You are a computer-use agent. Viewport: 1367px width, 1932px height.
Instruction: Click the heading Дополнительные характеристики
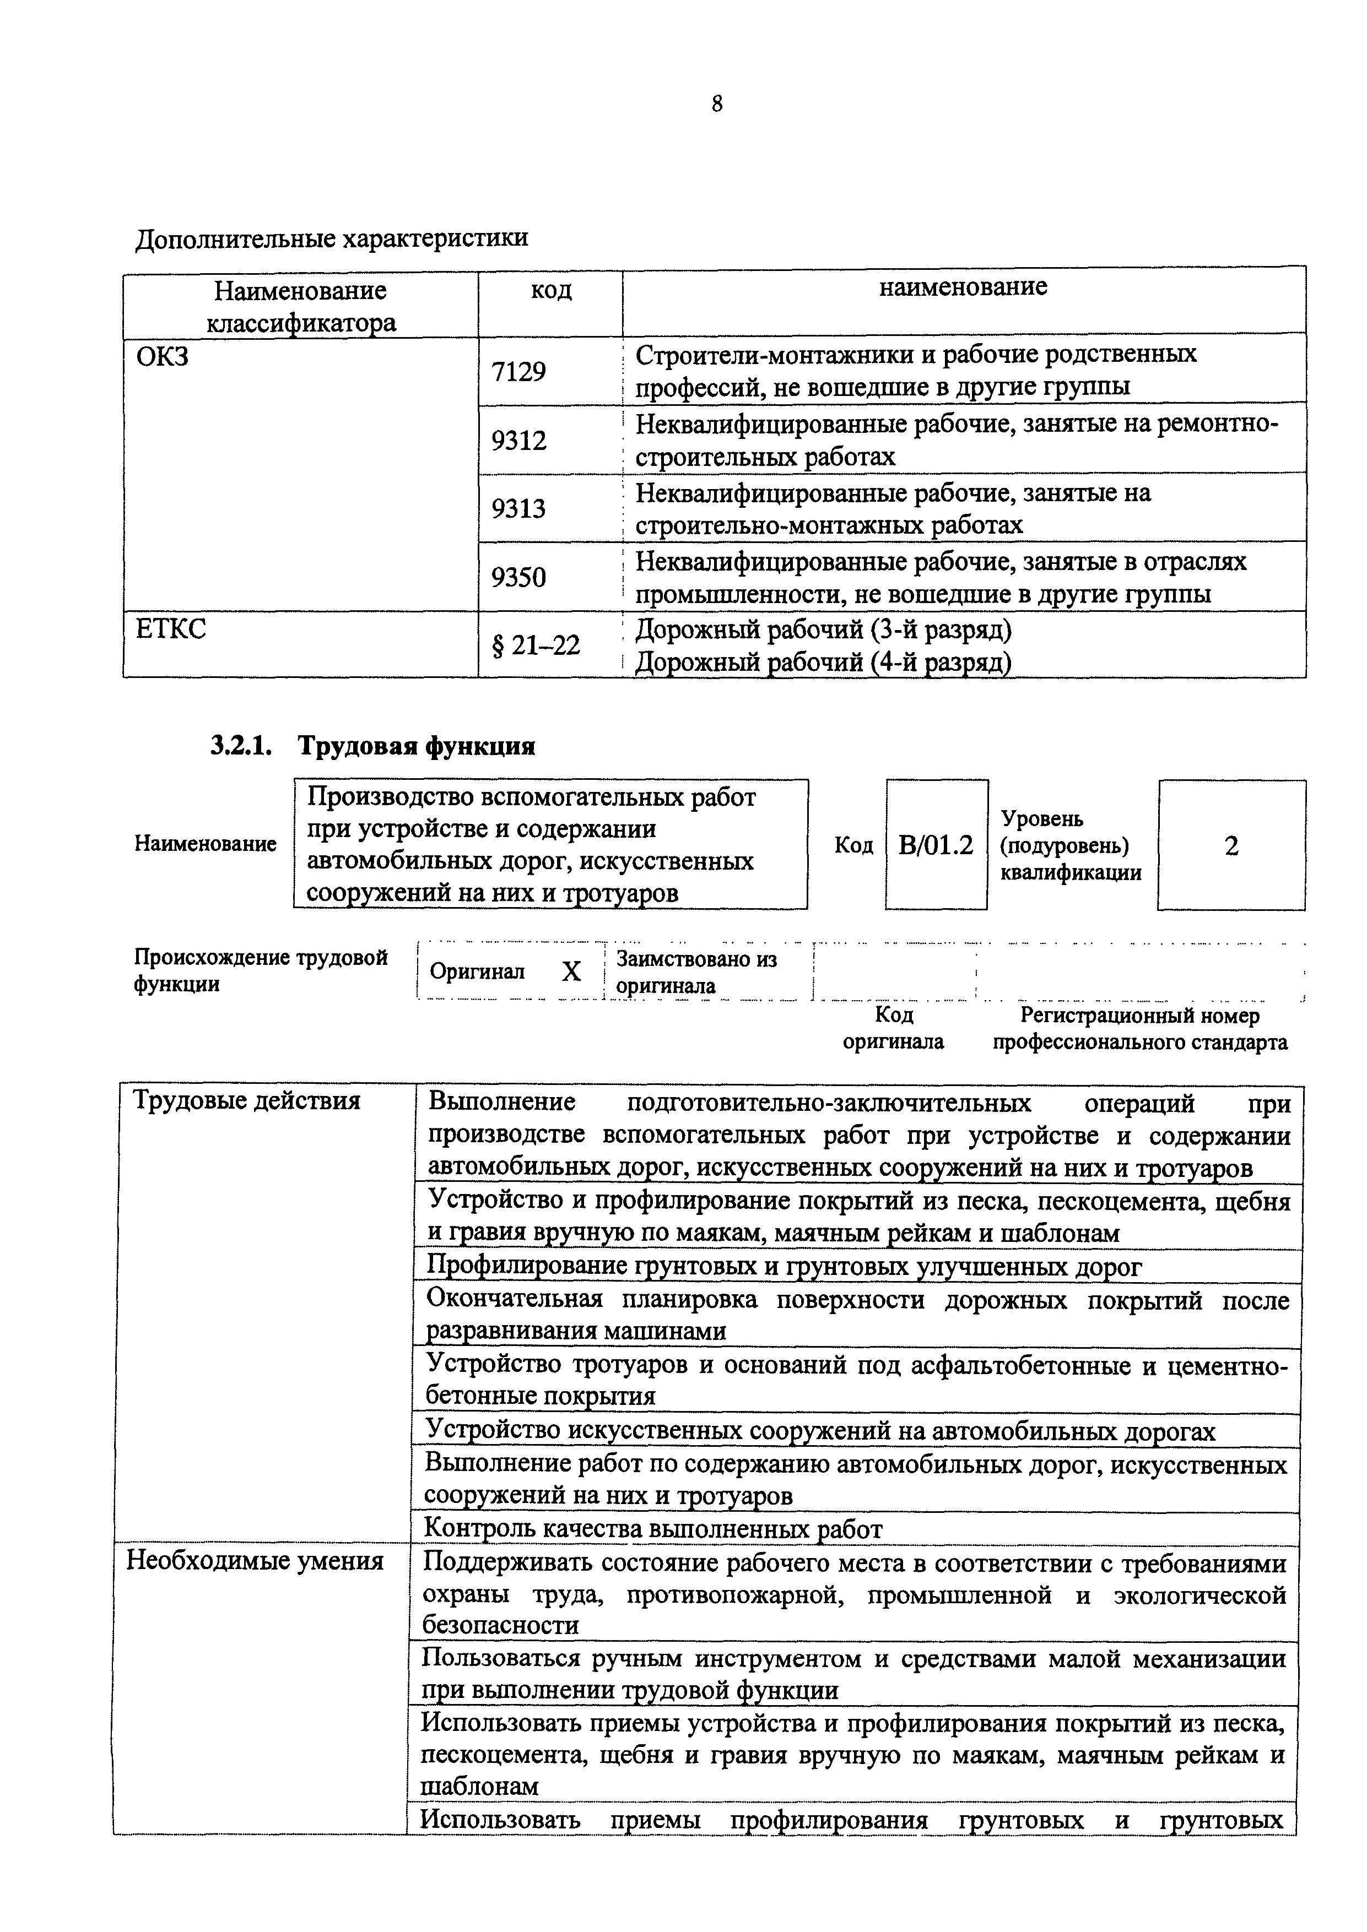[x=332, y=238]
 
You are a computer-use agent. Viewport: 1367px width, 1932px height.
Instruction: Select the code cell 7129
[x=518, y=371]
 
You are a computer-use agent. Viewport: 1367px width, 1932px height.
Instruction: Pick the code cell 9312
[x=518, y=440]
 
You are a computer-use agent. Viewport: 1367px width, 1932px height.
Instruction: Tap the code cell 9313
[x=518, y=508]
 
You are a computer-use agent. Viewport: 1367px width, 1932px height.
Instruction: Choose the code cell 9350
[x=518, y=577]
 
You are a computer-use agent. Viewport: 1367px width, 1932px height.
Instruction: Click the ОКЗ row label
[x=163, y=357]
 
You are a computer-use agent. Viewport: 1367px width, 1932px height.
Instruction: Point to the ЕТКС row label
[x=170, y=628]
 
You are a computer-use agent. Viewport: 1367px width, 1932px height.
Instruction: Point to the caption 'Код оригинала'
[x=893, y=1028]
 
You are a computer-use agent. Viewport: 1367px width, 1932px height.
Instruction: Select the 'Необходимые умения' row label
[x=254, y=1561]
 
